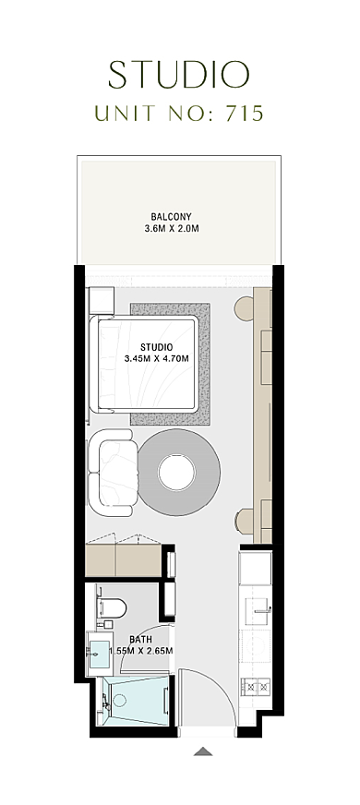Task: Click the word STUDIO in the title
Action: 179,75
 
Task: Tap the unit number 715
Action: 244,113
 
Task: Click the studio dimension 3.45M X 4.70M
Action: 157,359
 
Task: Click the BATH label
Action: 140,640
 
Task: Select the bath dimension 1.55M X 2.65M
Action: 140,651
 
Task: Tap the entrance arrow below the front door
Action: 203,751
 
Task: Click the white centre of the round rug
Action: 176,473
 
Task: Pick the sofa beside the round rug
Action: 112,473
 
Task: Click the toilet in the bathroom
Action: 112,607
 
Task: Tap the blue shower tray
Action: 136,702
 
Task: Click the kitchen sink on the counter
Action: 256,610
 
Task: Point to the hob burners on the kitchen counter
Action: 256,685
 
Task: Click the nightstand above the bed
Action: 101,301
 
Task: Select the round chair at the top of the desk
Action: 244,309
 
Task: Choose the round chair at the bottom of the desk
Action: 245,520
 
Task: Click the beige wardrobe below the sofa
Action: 124,560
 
